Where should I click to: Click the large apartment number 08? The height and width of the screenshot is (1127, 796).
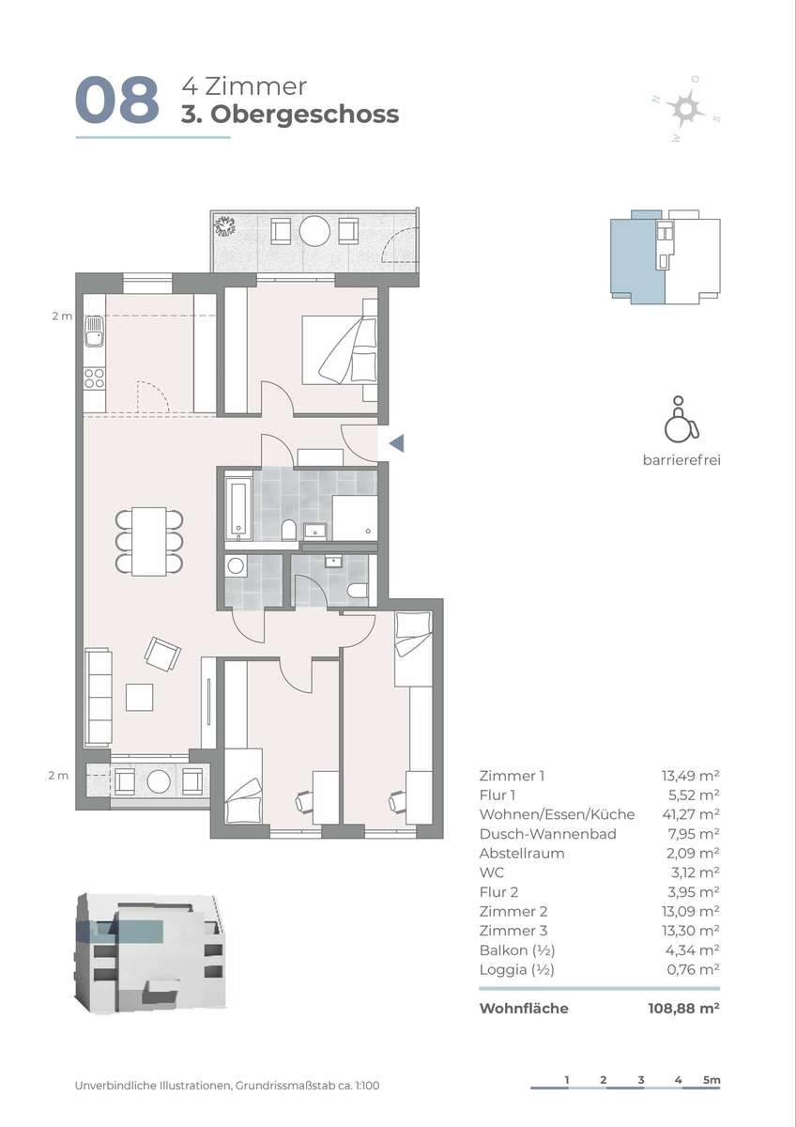click(x=117, y=100)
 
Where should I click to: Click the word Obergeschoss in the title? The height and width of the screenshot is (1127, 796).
click(x=304, y=115)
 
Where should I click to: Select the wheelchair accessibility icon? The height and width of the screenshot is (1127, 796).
click(x=681, y=419)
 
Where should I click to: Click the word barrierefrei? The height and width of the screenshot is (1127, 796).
click(x=681, y=460)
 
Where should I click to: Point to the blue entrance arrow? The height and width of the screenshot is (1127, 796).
click(x=397, y=443)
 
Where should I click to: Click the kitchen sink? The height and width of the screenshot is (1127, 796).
click(x=95, y=332)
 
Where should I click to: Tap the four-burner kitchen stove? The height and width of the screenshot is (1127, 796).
click(x=95, y=378)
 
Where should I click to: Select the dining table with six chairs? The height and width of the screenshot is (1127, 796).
click(x=149, y=541)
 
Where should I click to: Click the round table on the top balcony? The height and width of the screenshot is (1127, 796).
click(x=314, y=231)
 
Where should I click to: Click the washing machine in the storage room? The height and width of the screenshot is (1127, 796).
click(x=236, y=566)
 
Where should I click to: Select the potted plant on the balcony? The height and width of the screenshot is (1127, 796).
click(x=224, y=225)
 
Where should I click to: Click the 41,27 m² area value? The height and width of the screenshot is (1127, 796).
click(x=691, y=814)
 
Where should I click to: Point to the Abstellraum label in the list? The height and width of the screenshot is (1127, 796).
click(x=522, y=854)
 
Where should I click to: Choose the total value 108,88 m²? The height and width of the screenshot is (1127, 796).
click(x=684, y=1009)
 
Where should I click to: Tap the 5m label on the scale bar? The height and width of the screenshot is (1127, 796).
click(x=712, y=1080)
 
